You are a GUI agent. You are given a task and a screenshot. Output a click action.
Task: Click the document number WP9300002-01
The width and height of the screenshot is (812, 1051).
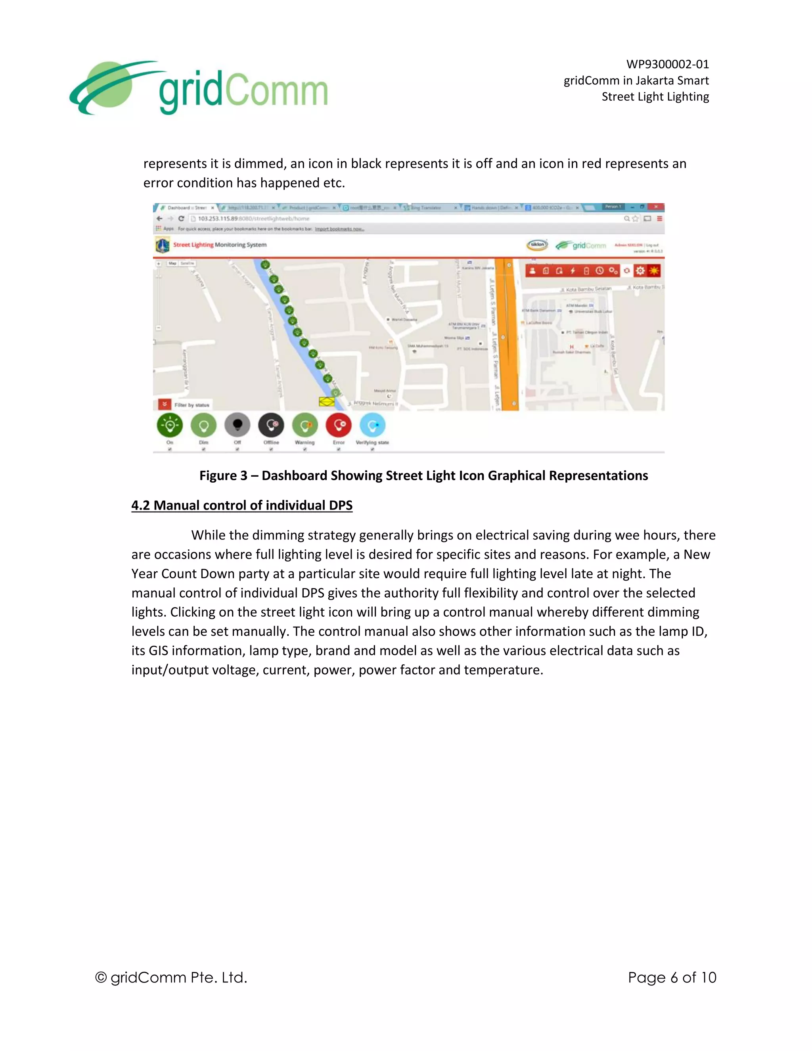click(x=667, y=64)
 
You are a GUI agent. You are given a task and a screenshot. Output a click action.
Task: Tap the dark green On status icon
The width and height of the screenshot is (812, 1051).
click(x=170, y=425)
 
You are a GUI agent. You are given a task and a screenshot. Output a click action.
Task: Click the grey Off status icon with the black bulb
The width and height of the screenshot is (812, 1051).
click(x=237, y=425)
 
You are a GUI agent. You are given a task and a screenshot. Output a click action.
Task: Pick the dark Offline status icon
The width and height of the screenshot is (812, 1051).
click(x=271, y=425)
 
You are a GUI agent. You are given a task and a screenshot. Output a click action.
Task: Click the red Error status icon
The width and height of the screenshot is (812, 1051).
click(x=339, y=425)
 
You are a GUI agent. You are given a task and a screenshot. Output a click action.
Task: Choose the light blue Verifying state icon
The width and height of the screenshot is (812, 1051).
click(x=372, y=425)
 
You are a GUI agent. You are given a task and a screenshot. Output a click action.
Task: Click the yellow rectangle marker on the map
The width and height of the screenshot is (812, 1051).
click(x=327, y=401)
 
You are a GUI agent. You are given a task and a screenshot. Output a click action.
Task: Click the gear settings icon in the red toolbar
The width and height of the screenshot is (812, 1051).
click(x=640, y=270)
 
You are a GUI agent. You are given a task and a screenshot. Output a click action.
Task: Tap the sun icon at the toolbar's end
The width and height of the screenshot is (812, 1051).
click(x=654, y=270)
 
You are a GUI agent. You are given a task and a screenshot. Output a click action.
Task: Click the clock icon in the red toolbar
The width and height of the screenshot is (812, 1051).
click(x=599, y=270)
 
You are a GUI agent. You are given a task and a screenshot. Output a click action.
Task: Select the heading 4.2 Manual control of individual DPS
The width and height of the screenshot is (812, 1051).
click(x=242, y=505)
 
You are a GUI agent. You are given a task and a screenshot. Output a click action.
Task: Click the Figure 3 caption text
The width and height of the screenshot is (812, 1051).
click(x=423, y=476)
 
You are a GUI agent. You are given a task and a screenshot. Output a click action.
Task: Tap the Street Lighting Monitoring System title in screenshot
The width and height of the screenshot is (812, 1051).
click(x=220, y=244)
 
